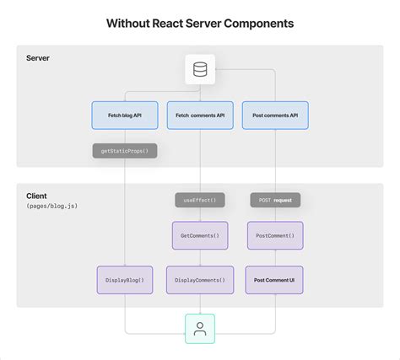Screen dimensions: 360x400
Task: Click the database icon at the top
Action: pyautogui.click(x=200, y=69)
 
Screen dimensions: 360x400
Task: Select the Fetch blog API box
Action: pyautogui.click(x=125, y=116)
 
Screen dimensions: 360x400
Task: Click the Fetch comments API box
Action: pyautogui.click(x=200, y=116)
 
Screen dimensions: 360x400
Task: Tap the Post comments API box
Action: pyautogui.click(x=275, y=116)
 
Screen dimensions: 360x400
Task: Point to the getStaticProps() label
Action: pyautogui.click(x=125, y=152)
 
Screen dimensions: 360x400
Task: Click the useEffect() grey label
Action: pyautogui.click(x=200, y=201)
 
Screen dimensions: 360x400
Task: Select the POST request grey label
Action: pyautogui.click(x=275, y=201)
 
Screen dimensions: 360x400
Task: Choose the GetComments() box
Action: pyautogui.click(x=200, y=235)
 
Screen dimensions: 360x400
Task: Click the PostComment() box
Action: pyautogui.click(x=275, y=235)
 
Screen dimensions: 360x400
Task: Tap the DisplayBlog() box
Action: pyautogui.click(x=125, y=280)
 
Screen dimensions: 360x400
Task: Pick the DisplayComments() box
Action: pyautogui.click(x=200, y=280)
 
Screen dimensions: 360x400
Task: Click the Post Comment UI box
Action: pyautogui.click(x=274, y=280)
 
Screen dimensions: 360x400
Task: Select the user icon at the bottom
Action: pyautogui.click(x=200, y=329)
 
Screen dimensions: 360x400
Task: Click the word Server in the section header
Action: pyautogui.click(x=37, y=59)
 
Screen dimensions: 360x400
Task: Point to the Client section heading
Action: pyautogui.click(x=35, y=196)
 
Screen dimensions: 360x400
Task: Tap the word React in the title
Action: pyautogui.click(x=181, y=24)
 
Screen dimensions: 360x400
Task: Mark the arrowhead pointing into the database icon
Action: pyautogui.click(x=218, y=69)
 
